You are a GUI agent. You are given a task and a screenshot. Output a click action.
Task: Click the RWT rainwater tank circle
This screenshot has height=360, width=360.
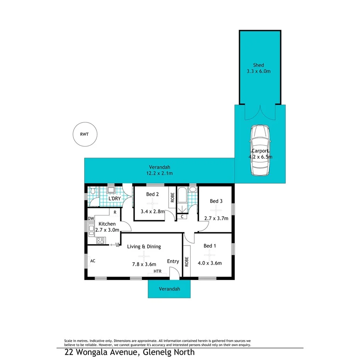[85, 134]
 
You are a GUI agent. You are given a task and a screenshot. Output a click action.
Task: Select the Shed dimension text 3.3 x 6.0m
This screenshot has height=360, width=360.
[258, 71]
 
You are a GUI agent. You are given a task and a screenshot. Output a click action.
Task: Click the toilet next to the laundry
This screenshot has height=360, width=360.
[92, 190]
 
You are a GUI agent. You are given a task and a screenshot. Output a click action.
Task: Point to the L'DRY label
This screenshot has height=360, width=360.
[114, 199]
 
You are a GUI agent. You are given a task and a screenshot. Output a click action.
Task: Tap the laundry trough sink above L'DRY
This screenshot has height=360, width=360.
[111, 190]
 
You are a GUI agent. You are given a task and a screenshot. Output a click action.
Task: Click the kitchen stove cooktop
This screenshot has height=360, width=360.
[100, 241]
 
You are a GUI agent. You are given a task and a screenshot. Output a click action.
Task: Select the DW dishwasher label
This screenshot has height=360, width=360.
[91, 219]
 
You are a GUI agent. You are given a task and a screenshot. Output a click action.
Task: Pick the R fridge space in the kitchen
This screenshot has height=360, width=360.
[115, 212]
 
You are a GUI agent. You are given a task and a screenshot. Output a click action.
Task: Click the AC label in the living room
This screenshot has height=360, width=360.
[93, 261]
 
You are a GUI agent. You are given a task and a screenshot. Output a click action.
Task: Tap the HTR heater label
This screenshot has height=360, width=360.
[157, 272]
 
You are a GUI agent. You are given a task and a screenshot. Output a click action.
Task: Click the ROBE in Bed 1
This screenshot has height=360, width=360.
[187, 262]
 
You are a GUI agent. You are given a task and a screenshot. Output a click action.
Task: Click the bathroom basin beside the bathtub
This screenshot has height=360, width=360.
[192, 190]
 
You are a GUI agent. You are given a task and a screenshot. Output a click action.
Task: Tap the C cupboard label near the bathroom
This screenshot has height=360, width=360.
[182, 217]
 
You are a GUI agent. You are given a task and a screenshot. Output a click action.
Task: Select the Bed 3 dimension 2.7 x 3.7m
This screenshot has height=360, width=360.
[216, 218]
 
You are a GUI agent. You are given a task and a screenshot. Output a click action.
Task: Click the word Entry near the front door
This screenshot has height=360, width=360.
[173, 261]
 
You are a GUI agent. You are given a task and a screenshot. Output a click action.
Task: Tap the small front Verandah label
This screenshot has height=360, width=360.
[169, 289]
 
